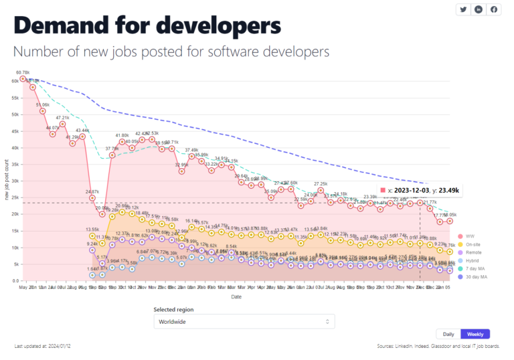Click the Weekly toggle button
(x=475, y=334)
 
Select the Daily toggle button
(x=448, y=334)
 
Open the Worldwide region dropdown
(x=244, y=322)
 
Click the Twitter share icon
(x=462, y=9)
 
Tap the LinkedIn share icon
(x=479, y=9)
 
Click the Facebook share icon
(x=494, y=9)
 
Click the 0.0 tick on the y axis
(x=13, y=281)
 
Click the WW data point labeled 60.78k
(x=23, y=79)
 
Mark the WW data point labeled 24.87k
(x=92, y=198)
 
